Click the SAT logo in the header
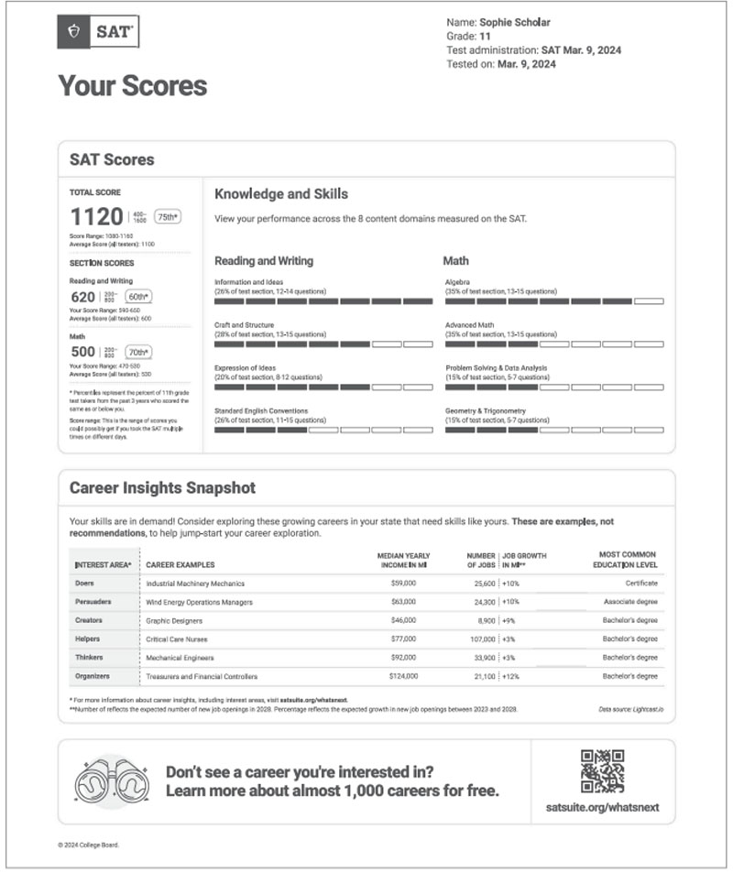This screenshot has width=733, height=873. click(x=99, y=32)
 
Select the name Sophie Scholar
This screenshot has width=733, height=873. click(x=519, y=21)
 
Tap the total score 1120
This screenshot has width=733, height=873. click(x=96, y=217)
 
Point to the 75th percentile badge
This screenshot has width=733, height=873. click(x=168, y=217)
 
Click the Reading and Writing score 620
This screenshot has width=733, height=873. click(x=82, y=297)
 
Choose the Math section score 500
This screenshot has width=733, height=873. click(x=82, y=352)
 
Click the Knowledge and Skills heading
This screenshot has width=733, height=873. click(x=280, y=194)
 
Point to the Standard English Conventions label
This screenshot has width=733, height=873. click(x=261, y=410)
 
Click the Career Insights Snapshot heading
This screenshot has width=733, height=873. click(x=162, y=487)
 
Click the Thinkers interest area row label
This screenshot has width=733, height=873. click(x=89, y=657)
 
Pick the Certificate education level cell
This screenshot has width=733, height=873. click(x=640, y=583)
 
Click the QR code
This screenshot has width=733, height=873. click(x=602, y=770)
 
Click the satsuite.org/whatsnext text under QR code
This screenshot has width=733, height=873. click(x=602, y=808)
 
